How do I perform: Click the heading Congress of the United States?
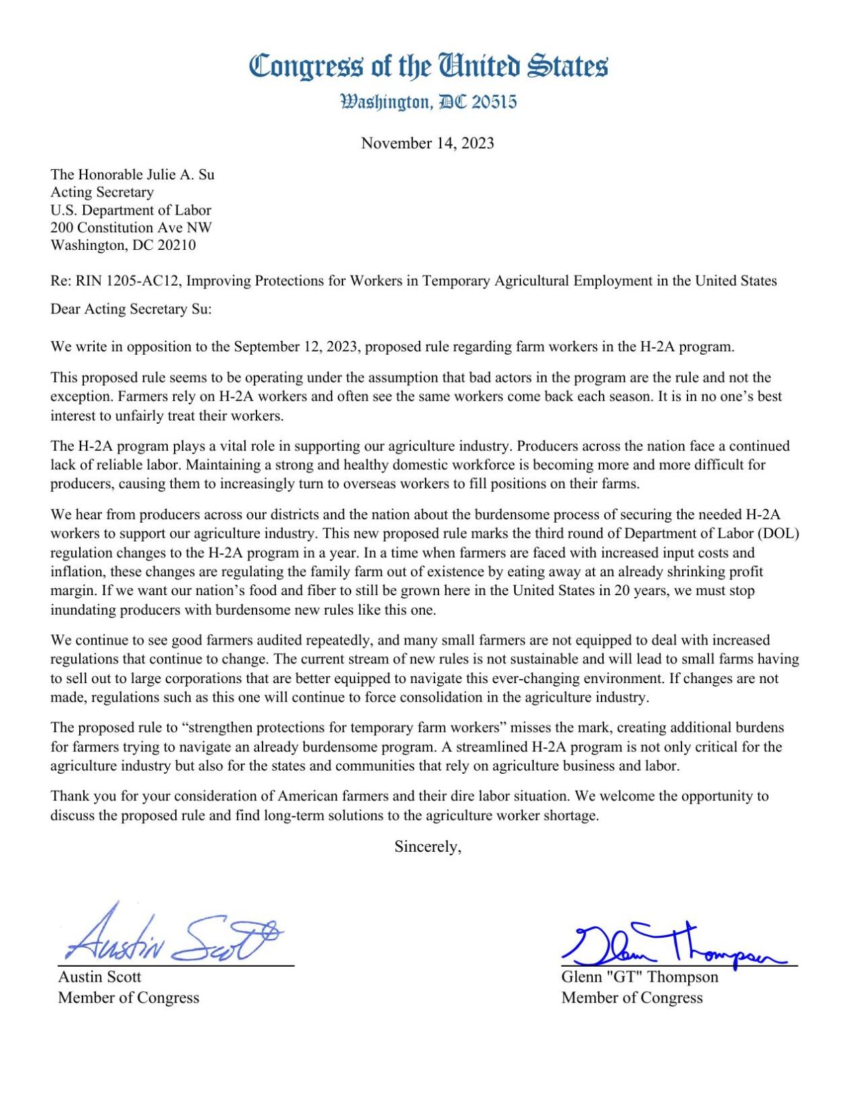pyautogui.click(x=428, y=66)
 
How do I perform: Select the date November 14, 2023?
pyautogui.click(x=427, y=143)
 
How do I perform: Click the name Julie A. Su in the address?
pyautogui.click(x=178, y=174)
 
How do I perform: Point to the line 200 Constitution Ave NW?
pyautogui.click(x=131, y=227)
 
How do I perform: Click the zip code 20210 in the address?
pyautogui.click(x=177, y=245)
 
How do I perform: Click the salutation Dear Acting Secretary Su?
pyautogui.click(x=131, y=309)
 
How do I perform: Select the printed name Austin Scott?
pyautogui.click(x=99, y=976)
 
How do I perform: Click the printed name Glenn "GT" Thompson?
pyautogui.click(x=639, y=976)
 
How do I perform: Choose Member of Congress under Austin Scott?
pyautogui.click(x=129, y=997)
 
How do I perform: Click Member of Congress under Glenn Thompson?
pyautogui.click(x=632, y=997)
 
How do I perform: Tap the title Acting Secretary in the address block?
pyautogui.click(x=102, y=192)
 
